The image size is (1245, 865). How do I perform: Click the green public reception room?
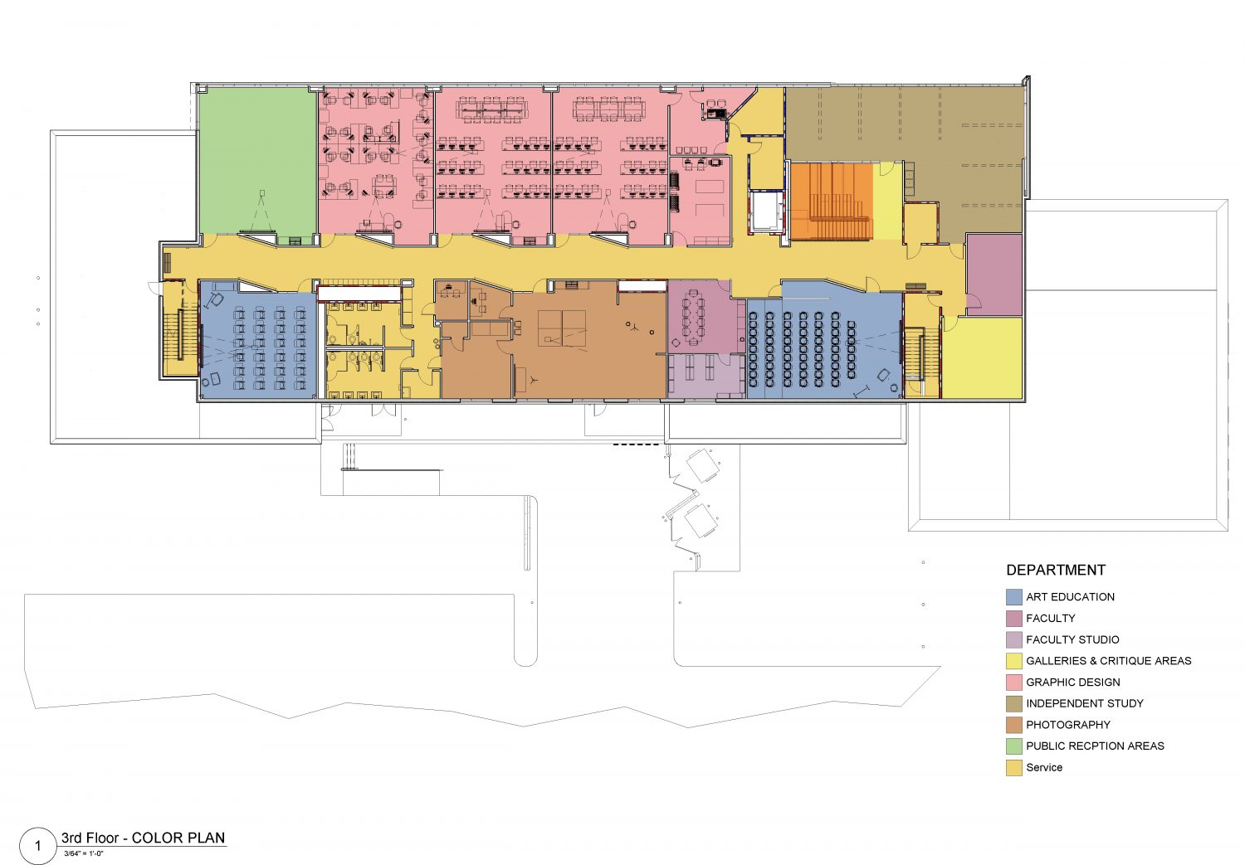click(x=258, y=161)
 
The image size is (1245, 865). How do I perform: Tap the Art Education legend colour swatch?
click(x=1013, y=597)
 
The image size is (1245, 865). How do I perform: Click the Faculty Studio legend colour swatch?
click(x=1013, y=639)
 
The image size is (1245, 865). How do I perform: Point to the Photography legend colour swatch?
click(x=1013, y=725)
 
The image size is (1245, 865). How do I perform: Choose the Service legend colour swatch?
click(x=1013, y=767)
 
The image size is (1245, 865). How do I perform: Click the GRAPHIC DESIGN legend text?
click(x=1072, y=683)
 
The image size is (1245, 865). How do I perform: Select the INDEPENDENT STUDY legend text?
click(x=1084, y=703)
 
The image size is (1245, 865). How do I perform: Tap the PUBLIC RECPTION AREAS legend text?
click(x=1095, y=746)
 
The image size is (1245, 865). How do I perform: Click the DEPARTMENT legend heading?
click(x=1056, y=571)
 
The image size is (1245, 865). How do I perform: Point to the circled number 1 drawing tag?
click(x=38, y=846)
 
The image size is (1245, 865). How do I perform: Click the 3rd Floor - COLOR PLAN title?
click(x=144, y=838)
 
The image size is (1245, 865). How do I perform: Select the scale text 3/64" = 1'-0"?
click(x=83, y=854)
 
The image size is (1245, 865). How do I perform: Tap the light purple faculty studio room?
click(x=705, y=376)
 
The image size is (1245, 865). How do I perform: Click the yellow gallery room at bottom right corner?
click(x=983, y=358)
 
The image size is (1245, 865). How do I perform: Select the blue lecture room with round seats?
click(x=823, y=347)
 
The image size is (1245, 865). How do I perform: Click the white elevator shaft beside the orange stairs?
click(x=768, y=211)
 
